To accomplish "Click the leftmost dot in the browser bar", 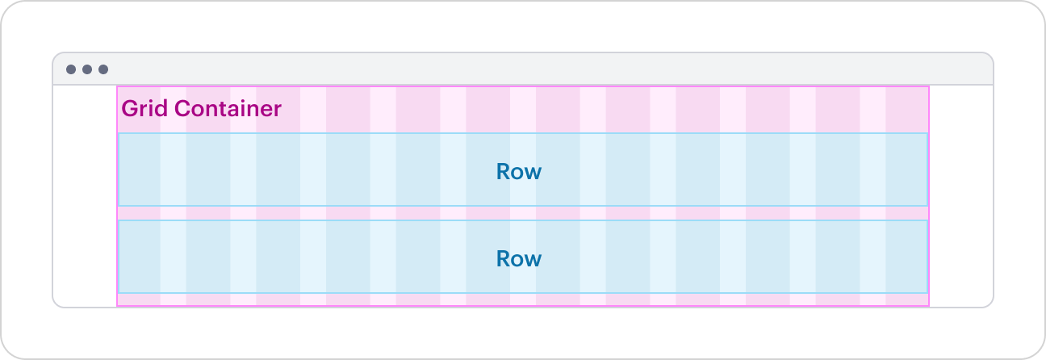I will pos(71,69).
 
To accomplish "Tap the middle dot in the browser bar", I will pos(87,69).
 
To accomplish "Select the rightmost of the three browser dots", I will pos(103,69).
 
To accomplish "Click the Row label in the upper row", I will pos(518,172).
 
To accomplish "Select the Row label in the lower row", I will pos(518,259).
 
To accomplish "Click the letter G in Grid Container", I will pos(128,108).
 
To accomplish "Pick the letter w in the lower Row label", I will pos(533,260).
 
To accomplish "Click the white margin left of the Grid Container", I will pos(85,194).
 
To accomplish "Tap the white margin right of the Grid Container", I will pos(960,194).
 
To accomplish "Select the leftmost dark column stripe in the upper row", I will pos(140,170).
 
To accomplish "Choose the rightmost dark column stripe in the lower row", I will pos(906,257).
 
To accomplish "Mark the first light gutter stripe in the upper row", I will pos(173,170).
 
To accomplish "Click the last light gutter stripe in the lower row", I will pos(872,257).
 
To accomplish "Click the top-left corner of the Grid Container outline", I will pos(117,86).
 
